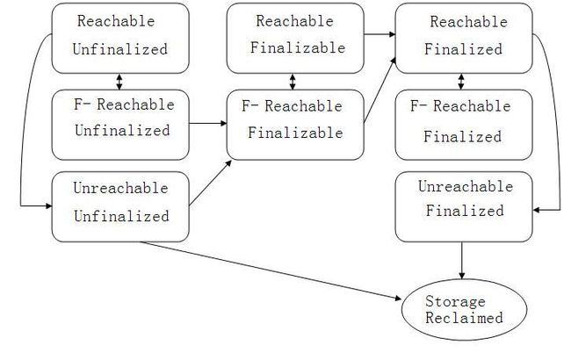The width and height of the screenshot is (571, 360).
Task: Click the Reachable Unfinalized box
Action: [x=120, y=39]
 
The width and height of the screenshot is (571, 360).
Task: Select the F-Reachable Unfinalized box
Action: [x=120, y=125]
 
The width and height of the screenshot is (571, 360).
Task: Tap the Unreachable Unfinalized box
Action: [x=120, y=206]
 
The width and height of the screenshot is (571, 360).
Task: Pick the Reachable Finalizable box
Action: [x=295, y=39]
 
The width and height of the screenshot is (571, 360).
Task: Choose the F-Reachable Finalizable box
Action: [x=295, y=125]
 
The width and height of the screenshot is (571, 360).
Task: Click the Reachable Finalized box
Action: [x=464, y=39]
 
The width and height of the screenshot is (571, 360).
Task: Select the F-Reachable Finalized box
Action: [x=464, y=125]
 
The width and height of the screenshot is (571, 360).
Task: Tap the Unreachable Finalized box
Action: [x=464, y=206]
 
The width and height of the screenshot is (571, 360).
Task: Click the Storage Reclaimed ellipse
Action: [x=465, y=310]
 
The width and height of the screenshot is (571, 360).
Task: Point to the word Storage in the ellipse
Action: [x=455, y=301]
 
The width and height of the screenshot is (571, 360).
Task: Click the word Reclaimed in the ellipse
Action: [x=465, y=318]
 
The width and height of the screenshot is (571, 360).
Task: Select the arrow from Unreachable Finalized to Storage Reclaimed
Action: [x=462, y=261]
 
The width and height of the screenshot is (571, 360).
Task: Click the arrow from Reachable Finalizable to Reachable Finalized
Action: [x=379, y=34]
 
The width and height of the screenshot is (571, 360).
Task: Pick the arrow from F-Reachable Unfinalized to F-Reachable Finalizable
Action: [x=208, y=124]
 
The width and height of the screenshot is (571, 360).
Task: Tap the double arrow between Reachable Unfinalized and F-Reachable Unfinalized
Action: [x=119, y=82]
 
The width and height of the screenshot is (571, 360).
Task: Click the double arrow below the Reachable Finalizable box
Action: [x=293, y=82]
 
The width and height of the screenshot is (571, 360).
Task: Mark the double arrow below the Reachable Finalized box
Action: [x=461, y=82]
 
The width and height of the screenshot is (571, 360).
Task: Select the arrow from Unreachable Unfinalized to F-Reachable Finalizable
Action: [x=211, y=184]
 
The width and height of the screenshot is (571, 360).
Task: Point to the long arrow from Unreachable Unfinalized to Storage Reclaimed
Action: [x=271, y=270]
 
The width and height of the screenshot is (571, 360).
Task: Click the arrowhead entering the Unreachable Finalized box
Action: [x=536, y=210]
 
